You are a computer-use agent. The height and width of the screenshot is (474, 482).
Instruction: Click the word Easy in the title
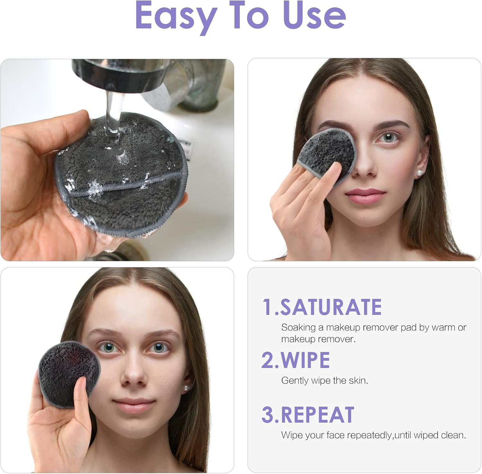(x=175, y=16)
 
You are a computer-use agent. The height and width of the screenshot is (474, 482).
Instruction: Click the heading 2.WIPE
(x=296, y=360)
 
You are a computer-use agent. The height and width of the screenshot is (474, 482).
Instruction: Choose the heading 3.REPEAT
(x=308, y=415)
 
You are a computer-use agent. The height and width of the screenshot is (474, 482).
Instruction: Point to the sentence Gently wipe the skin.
(x=325, y=380)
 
